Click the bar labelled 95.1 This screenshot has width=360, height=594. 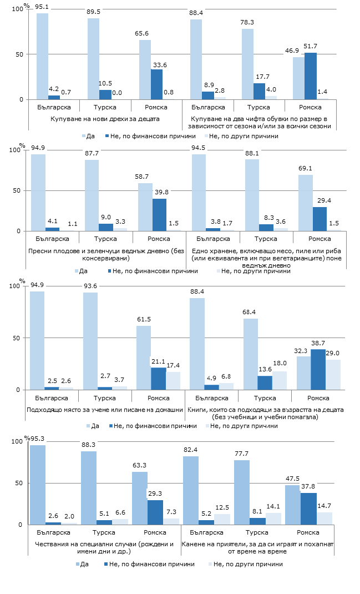pos(42,56)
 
